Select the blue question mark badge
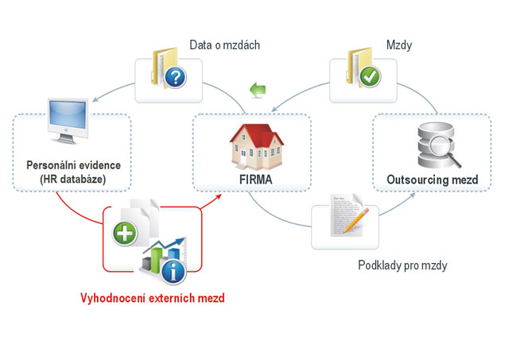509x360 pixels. point(177,79)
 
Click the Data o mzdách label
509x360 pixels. point(225,45)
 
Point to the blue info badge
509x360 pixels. point(173,271)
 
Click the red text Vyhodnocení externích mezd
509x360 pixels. point(153,299)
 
